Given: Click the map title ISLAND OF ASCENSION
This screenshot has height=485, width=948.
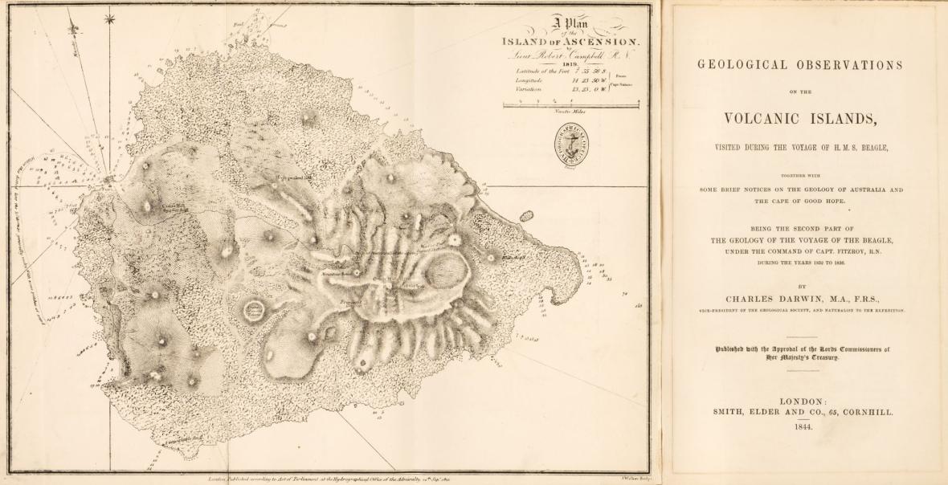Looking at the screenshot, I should pyautogui.click(x=570, y=41).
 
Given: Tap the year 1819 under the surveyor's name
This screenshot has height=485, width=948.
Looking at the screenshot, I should pyautogui.click(x=570, y=63).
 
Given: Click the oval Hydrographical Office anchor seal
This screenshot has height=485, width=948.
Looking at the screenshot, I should pyautogui.click(x=571, y=145).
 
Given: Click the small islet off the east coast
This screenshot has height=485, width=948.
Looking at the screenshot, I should pyautogui.click(x=526, y=215).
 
